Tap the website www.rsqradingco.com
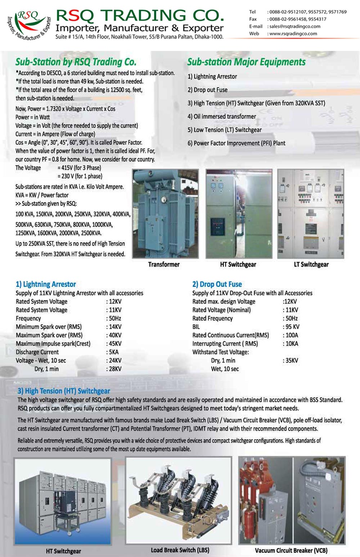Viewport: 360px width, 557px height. (x=293, y=33)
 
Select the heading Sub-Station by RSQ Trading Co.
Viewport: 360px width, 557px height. (x=76, y=62)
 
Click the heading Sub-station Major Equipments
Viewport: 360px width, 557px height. (x=246, y=62)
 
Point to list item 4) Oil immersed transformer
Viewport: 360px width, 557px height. (x=222, y=116)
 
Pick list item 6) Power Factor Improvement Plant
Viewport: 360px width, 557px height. (x=236, y=143)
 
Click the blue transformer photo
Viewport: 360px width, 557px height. (x=165, y=214)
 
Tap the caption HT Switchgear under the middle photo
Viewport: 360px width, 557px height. (x=238, y=264)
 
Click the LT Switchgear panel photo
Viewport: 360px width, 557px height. (x=311, y=214)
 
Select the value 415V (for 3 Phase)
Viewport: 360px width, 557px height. (x=79, y=168)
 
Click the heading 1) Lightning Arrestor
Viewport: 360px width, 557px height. (x=46, y=284)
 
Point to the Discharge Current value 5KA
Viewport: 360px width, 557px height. (x=114, y=352)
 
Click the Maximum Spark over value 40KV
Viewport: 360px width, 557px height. (x=115, y=335)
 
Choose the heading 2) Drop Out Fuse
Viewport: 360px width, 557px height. (x=217, y=284)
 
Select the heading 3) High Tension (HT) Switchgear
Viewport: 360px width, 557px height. (x=64, y=391)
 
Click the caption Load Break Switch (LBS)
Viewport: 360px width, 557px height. (x=180, y=550)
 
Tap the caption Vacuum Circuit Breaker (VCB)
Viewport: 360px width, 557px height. (x=291, y=551)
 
